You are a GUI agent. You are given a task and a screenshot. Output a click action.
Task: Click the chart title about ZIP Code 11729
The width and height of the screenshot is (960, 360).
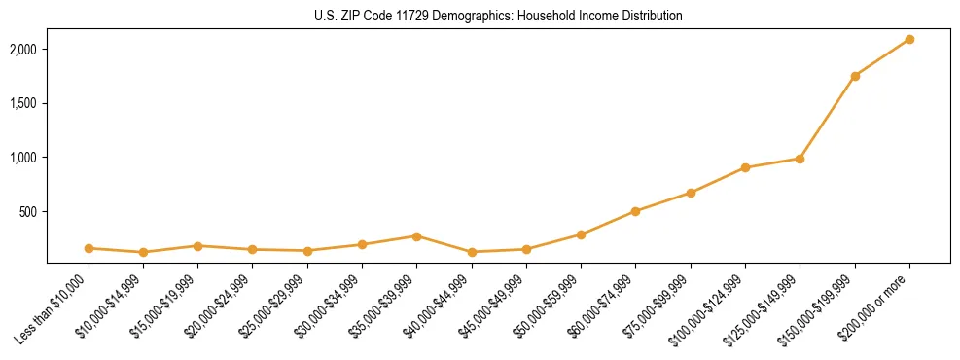(499, 16)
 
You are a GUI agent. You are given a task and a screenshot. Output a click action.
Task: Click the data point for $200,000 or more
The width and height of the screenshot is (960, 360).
(909, 39)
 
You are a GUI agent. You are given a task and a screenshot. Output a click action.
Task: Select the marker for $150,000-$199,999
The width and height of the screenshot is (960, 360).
(855, 76)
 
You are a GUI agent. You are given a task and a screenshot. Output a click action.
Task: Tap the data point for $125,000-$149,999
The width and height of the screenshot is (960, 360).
(800, 159)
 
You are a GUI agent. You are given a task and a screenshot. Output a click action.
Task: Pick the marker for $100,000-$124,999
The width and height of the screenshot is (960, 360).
(745, 167)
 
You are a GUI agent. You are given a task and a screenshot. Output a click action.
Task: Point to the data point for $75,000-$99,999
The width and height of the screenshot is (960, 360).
(691, 193)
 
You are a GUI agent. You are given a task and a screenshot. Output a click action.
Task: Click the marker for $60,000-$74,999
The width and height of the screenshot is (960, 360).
(635, 211)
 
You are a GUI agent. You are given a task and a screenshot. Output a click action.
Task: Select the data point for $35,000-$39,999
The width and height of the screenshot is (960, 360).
(416, 236)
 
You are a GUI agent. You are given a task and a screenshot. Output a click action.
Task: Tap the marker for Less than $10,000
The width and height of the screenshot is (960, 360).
(89, 248)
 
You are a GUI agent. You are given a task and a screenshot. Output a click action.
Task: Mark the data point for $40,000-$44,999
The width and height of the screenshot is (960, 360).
(472, 252)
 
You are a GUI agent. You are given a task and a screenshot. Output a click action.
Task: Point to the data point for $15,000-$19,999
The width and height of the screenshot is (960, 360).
(197, 246)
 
